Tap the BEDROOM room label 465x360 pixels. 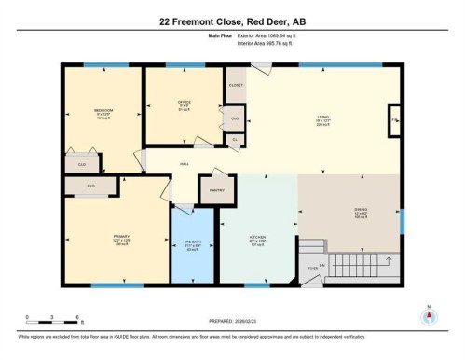click(x=103, y=114)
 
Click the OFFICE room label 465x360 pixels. click(x=184, y=102)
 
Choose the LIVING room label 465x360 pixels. click(x=322, y=118)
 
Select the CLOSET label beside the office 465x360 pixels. click(x=236, y=85)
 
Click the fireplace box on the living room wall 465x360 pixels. click(x=394, y=120)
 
